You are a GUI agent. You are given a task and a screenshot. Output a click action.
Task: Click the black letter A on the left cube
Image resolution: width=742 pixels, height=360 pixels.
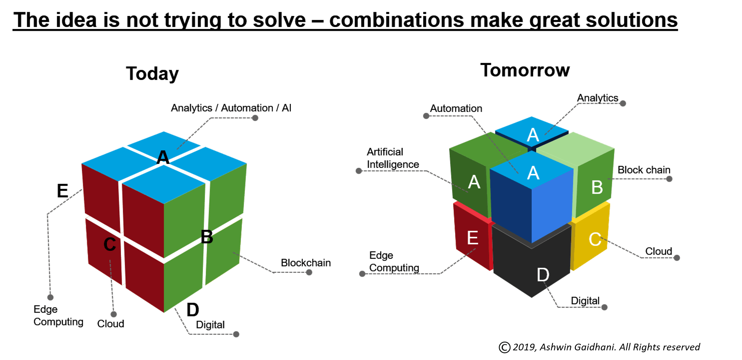(163, 158)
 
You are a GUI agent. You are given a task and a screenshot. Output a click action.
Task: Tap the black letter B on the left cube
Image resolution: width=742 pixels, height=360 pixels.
(207, 237)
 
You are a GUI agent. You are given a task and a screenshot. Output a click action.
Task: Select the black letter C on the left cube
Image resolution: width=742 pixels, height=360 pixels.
(110, 244)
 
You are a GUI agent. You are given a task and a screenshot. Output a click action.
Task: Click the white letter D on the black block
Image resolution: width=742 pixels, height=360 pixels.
(543, 275)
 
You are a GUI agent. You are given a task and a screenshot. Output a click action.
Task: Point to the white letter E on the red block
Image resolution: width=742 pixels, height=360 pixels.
(473, 238)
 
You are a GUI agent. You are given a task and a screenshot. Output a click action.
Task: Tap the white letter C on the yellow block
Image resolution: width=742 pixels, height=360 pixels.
(595, 240)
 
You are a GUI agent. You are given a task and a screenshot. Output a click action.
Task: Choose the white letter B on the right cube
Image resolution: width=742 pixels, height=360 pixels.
(597, 188)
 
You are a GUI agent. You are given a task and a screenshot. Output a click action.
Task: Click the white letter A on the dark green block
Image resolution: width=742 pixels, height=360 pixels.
(474, 182)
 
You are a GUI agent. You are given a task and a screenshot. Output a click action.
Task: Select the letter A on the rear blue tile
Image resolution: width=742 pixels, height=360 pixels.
(533, 135)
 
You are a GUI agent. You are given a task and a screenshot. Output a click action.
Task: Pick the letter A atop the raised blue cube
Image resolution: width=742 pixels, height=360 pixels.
(533, 173)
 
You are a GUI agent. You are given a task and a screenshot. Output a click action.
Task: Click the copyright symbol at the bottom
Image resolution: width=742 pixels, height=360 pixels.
(505, 347)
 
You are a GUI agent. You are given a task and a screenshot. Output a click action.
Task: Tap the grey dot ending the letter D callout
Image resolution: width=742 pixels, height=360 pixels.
(604, 307)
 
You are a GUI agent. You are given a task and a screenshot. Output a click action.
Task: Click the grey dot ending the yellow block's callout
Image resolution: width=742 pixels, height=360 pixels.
(677, 258)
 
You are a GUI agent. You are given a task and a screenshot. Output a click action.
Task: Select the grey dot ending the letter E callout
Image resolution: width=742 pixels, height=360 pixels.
(362, 274)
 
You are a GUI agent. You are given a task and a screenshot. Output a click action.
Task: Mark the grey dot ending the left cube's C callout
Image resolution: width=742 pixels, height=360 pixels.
(114, 314)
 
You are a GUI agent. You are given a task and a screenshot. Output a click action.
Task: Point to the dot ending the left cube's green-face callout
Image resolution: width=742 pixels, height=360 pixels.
(309, 273)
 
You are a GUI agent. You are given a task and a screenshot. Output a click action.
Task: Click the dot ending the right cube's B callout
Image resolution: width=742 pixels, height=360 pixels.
(669, 179)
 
